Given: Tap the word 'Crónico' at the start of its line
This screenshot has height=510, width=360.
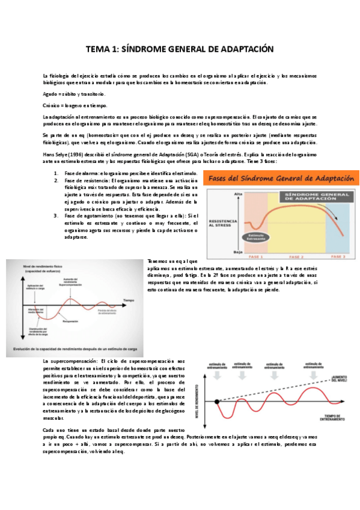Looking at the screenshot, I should point(52,105).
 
